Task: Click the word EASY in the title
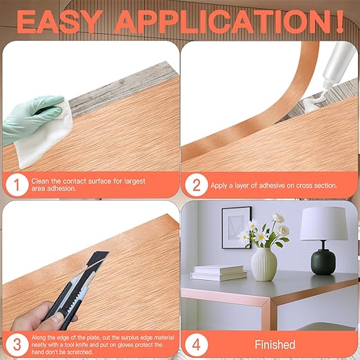click(x=59, y=22)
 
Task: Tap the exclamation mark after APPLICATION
click(x=339, y=22)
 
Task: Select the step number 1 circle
click(x=17, y=185)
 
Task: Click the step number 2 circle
click(x=197, y=185)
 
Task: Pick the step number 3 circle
click(x=17, y=345)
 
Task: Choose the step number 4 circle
click(x=197, y=345)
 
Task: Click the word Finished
click(x=275, y=345)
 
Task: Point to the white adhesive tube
click(x=337, y=69)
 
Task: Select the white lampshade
click(x=323, y=223)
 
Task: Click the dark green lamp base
click(x=323, y=261)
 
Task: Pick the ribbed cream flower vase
click(x=264, y=264)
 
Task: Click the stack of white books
click(x=219, y=273)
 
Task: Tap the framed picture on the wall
click(x=237, y=228)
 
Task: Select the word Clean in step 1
click(x=40, y=181)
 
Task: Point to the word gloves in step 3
click(x=123, y=345)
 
